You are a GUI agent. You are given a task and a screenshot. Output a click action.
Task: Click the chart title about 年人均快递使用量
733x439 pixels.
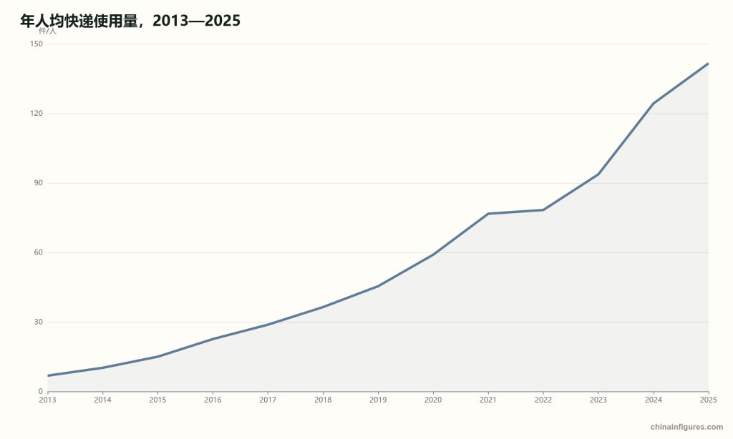pos(130,21)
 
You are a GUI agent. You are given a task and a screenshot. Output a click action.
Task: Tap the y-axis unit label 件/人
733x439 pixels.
pos(47,31)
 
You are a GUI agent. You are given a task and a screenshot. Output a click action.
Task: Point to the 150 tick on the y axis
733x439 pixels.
pos(36,44)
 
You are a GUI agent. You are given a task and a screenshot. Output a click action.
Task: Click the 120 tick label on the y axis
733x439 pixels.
pos(36,114)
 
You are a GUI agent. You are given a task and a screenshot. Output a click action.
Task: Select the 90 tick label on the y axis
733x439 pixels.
pos(38,183)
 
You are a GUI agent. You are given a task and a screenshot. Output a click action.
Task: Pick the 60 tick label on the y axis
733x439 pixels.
pos(38,252)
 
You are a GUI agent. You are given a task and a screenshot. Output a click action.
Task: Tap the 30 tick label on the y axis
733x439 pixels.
pos(38,322)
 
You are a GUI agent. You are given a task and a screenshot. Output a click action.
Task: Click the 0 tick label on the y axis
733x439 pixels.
pos(40,391)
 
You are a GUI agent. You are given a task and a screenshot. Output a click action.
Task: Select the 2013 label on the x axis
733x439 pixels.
pos(48,400)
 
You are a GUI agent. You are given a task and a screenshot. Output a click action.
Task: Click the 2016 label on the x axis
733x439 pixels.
pos(213,400)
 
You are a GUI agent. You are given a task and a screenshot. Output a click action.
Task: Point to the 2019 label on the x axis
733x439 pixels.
pos(378,400)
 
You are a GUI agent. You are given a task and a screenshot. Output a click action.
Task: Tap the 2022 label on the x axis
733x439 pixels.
pos(543,400)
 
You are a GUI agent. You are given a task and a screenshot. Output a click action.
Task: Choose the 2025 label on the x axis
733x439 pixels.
pos(708,400)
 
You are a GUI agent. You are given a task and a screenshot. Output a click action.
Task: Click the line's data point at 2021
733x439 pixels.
pos(488,214)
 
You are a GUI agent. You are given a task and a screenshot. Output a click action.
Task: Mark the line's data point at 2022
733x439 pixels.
pos(543,209)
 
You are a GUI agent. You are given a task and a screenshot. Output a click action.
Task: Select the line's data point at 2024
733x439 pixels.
pos(653,103)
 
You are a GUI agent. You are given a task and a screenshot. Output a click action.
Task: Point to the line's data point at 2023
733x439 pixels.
pos(598,174)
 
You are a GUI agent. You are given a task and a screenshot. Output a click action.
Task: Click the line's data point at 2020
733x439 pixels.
pos(433,255)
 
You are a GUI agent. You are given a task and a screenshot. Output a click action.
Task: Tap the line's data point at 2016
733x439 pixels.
pos(213,339)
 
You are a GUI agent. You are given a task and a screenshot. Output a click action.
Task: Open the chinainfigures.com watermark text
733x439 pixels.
pos(686,427)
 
